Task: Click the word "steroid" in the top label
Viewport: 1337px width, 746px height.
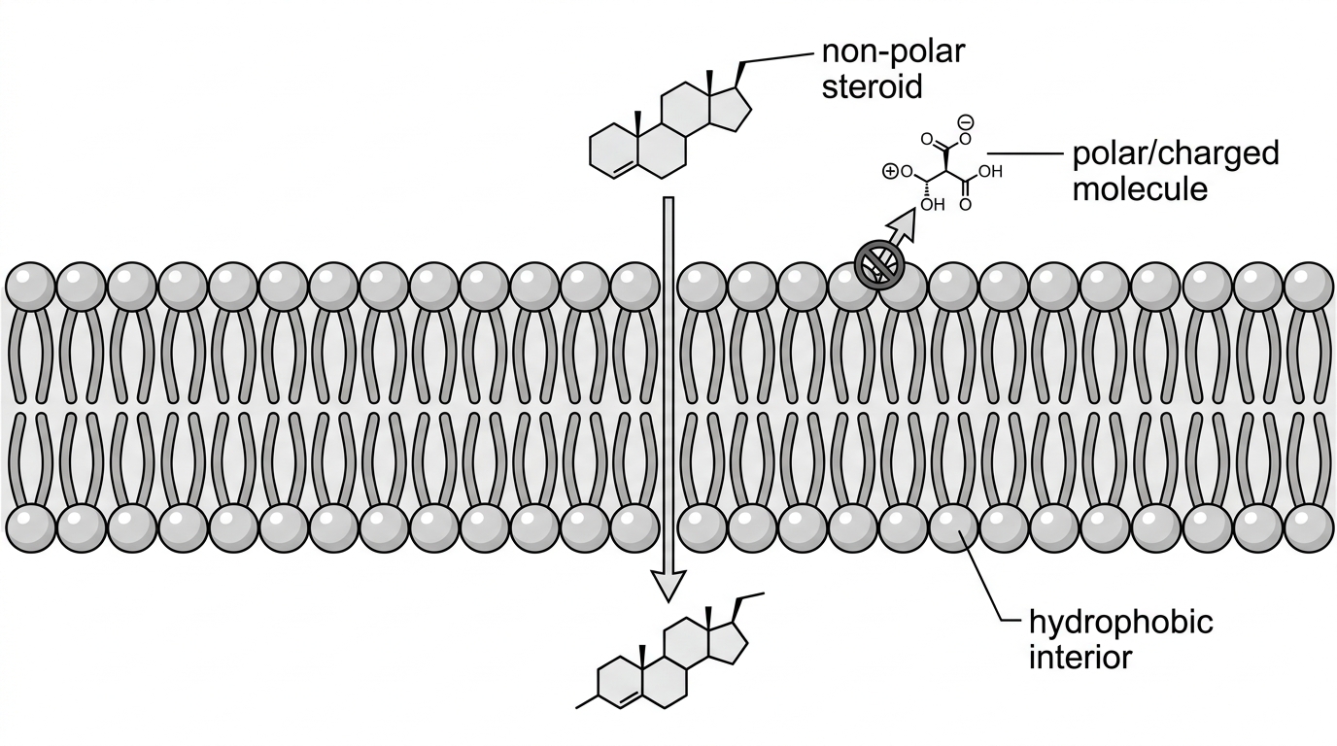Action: pyautogui.click(x=872, y=86)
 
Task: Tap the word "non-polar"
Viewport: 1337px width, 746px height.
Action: pyautogui.click(x=893, y=51)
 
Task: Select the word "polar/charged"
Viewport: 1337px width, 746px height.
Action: pyautogui.click(x=1176, y=154)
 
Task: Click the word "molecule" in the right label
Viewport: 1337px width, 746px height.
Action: pyautogui.click(x=1140, y=189)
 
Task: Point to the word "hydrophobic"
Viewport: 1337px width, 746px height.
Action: pyautogui.click(x=1121, y=623)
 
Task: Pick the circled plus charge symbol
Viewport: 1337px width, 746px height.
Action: pyautogui.click(x=890, y=172)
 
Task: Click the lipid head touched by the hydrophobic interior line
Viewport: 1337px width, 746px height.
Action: pyautogui.click(x=953, y=527)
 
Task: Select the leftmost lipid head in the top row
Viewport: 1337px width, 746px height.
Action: pyautogui.click(x=30, y=286)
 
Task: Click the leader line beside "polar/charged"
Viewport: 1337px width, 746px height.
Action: pyautogui.click(x=1024, y=154)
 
